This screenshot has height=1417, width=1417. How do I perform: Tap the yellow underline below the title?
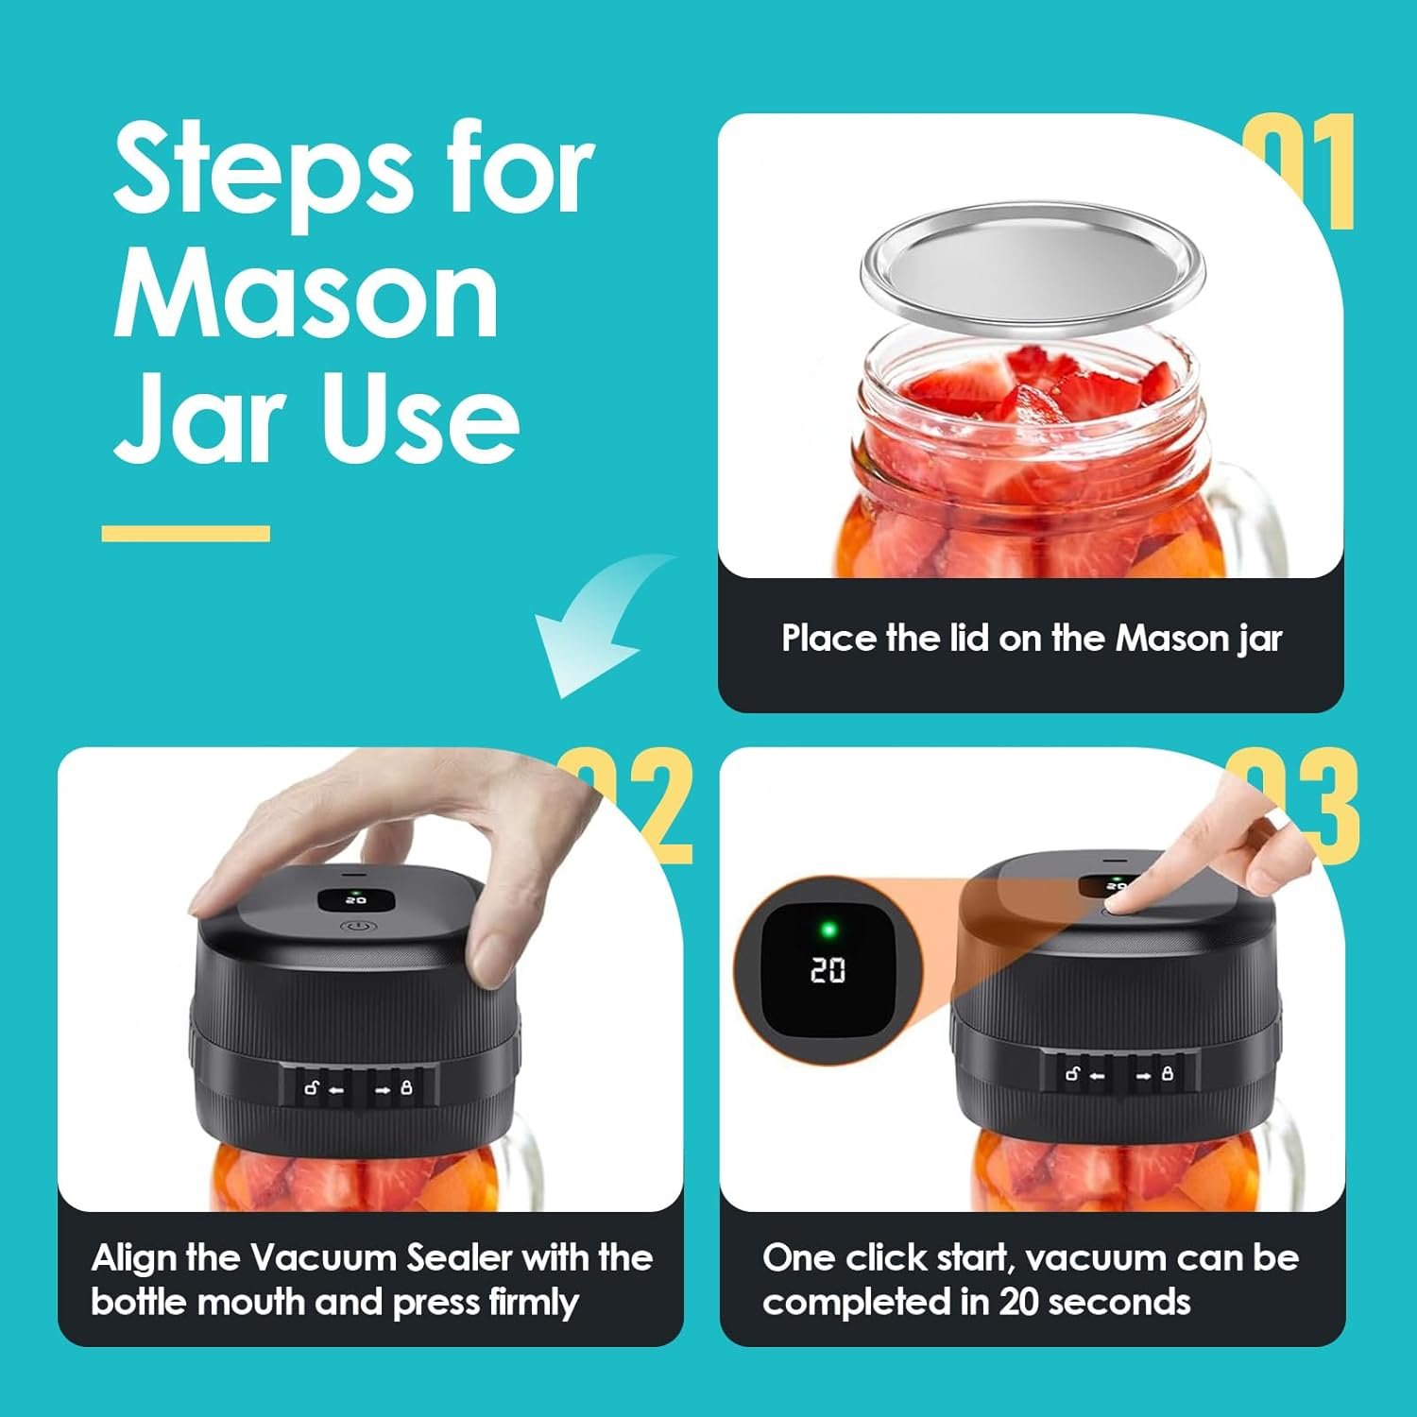185,534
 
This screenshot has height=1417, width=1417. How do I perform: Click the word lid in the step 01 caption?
965,639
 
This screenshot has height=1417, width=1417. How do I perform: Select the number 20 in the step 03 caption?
1020,1303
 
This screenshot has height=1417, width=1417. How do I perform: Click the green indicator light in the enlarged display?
828,930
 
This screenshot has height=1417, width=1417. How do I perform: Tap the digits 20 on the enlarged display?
828,970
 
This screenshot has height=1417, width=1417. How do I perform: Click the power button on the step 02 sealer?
357,927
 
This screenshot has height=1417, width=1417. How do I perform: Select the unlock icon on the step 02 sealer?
312,1088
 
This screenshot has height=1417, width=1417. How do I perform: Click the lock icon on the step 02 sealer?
407,1088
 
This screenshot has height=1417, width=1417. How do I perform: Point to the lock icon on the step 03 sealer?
1168,1074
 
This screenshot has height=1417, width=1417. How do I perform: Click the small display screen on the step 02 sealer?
356,899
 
